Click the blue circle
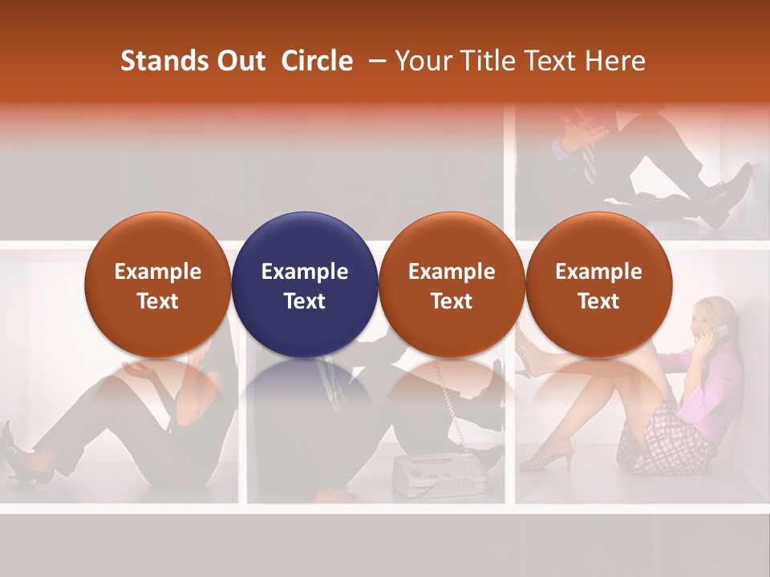pyautogui.click(x=305, y=284)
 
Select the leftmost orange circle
pyautogui.click(x=157, y=284)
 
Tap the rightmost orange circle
pyautogui.click(x=598, y=284)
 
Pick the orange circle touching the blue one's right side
pyautogui.click(x=452, y=284)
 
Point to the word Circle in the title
pyautogui.click(x=317, y=61)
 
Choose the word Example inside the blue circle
pyautogui.click(x=305, y=272)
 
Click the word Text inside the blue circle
pyautogui.click(x=305, y=301)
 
